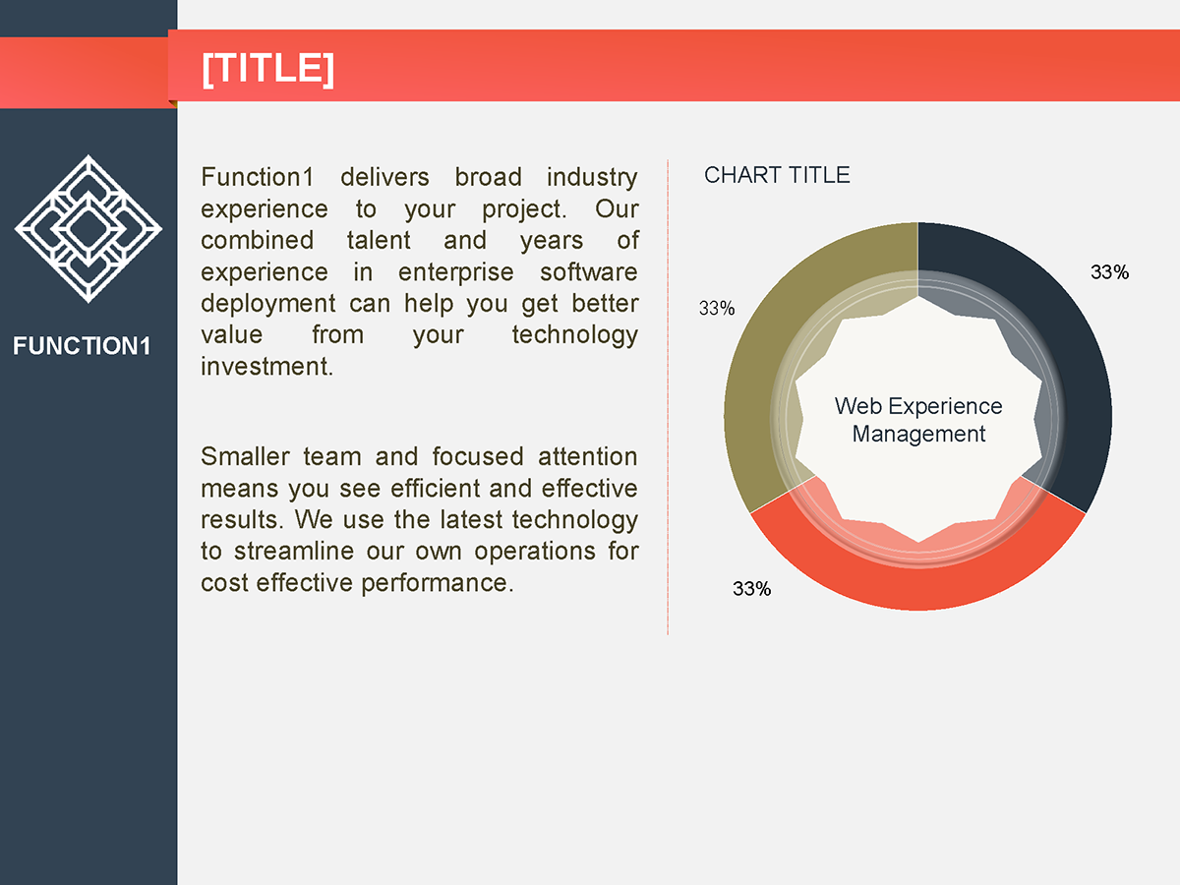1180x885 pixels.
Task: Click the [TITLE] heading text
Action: [x=267, y=69]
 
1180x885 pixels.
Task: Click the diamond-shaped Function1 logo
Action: [x=88, y=228]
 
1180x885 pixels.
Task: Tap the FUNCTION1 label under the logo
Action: [x=82, y=346]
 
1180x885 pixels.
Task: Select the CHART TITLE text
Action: [x=777, y=175]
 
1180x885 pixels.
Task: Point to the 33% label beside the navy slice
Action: [x=1109, y=272]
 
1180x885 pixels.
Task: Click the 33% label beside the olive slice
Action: [x=717, y=308]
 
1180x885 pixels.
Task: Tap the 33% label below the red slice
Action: [x=751, y=589]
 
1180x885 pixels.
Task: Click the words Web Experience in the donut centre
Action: [x=918, y=406]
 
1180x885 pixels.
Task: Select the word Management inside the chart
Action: [x=918, y=434]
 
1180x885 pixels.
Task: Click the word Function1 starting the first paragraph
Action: [x=257, y=177]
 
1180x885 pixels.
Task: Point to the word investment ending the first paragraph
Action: [x=265, y=366]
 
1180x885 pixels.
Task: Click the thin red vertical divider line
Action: [x=668, y=393]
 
